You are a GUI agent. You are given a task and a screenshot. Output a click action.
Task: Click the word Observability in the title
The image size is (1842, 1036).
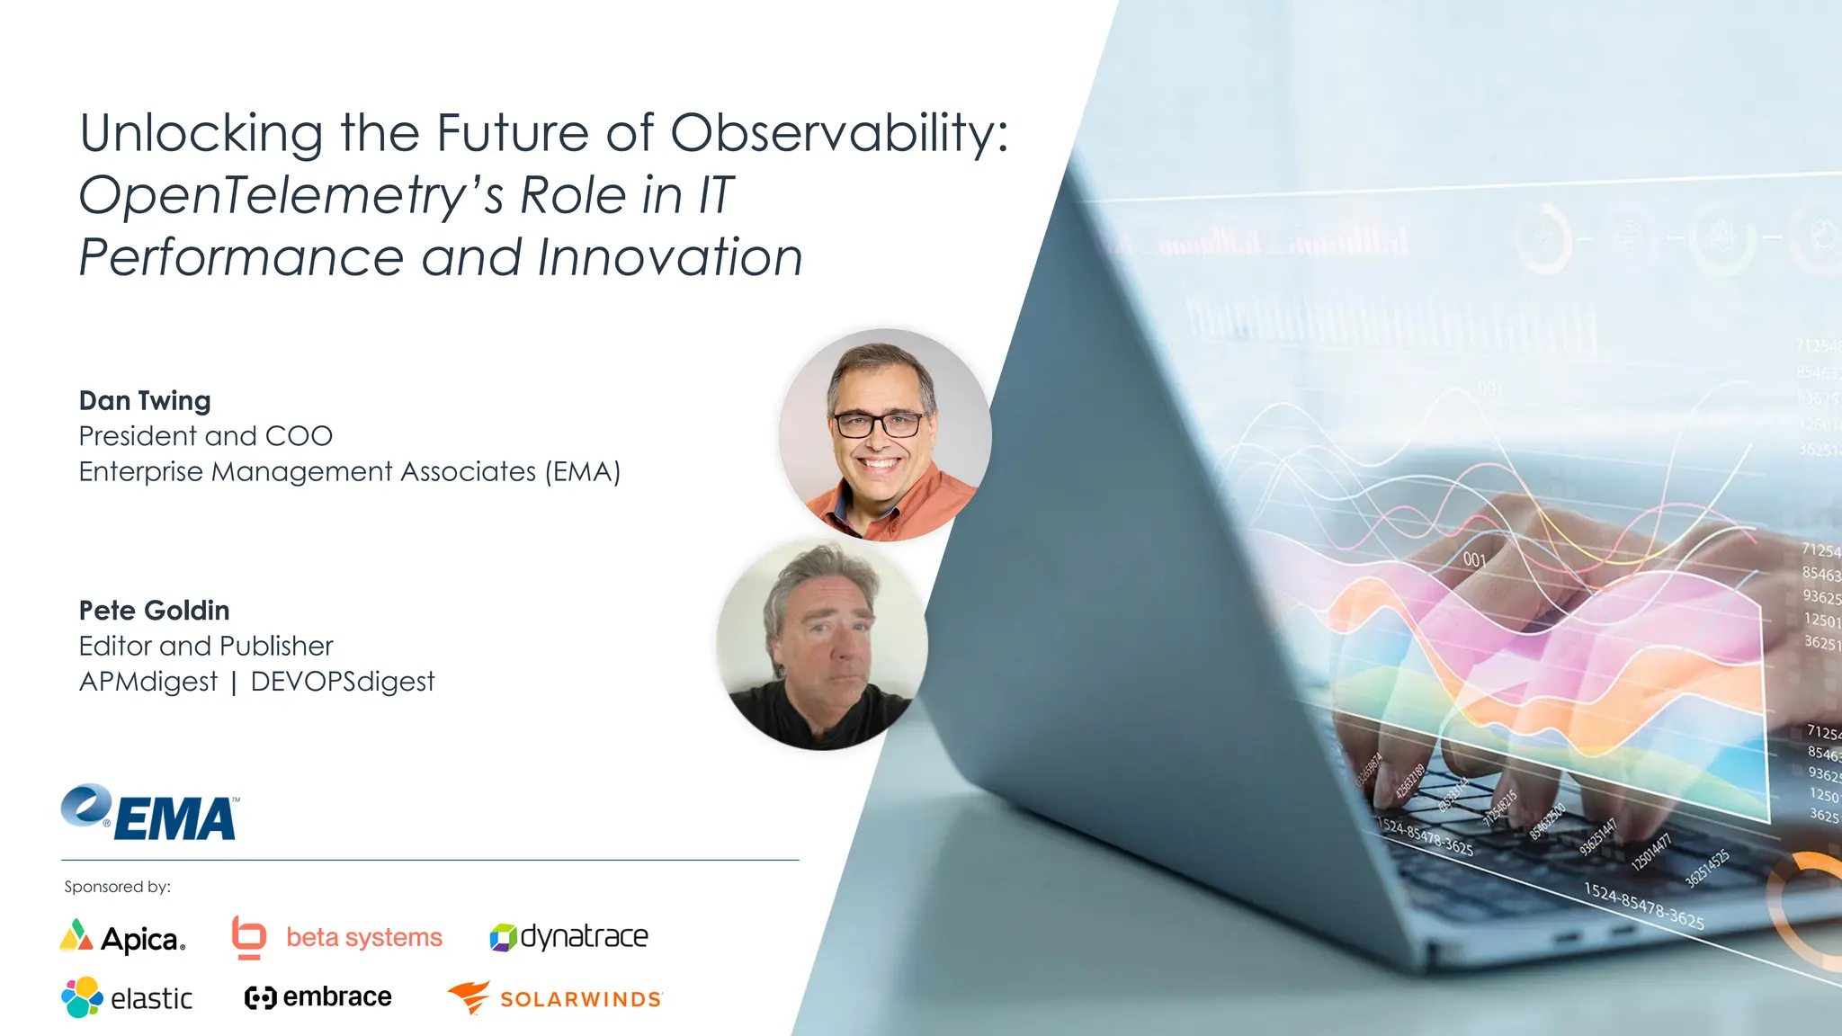[x=839, y=133]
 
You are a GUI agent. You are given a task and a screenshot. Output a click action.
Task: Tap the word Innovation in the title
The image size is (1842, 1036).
[x=669, y=258]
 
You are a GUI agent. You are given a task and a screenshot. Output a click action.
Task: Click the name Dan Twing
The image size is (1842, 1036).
[x=145, y=400]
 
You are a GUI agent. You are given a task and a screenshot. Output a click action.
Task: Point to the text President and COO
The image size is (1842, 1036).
[x=205, y=436]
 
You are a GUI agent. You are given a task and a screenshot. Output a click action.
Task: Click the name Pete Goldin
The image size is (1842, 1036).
[x=154, y=611]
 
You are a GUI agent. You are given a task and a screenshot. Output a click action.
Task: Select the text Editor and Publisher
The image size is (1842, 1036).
[x=205, y=646]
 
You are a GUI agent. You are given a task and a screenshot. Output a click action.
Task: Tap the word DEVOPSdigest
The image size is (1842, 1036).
[x=342, y=682]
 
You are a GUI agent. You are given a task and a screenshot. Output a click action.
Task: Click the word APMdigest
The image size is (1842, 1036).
[x=148, y=682]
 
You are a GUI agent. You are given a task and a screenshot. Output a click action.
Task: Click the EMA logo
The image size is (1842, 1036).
[x=150, y=812]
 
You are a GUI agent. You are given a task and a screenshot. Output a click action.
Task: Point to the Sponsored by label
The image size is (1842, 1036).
[x=117, y=887]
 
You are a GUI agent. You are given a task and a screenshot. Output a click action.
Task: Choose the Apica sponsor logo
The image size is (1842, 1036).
[x=123, y=937]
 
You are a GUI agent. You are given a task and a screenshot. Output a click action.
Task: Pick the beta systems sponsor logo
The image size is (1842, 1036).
[x=337, y=937]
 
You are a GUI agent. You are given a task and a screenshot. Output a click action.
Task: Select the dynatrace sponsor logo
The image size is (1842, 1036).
[x=568, y=937]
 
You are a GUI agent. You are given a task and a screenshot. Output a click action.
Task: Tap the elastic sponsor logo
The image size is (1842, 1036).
[x=127, y=997]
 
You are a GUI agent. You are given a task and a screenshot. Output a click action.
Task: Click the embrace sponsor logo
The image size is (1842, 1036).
[x=318, y=997]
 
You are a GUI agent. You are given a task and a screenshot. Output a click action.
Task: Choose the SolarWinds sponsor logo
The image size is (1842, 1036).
[x=555, y=998]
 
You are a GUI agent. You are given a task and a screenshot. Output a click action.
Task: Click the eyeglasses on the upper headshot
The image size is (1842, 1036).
[x=878, y=424]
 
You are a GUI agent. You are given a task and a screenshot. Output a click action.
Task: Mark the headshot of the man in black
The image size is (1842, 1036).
[x=822, y=645]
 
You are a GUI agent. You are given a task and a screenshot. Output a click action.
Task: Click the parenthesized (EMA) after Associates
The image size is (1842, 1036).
[x=582, y=472]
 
